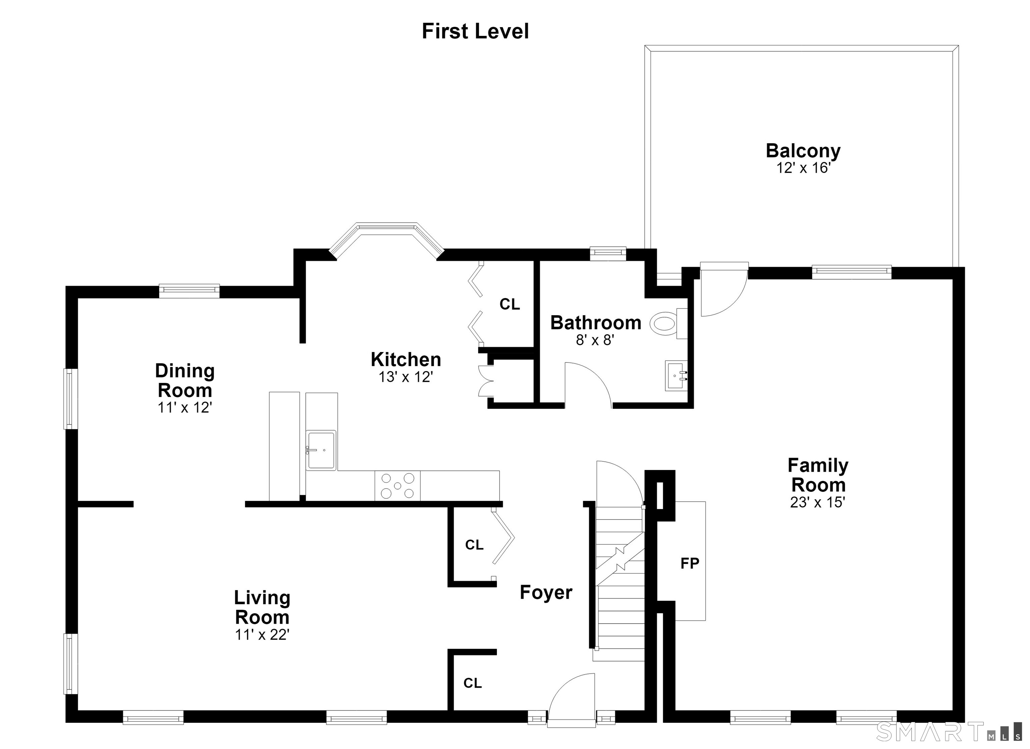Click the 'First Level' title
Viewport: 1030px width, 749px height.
(x=475, y=31)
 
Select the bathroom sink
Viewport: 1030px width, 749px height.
(x=677, y=376)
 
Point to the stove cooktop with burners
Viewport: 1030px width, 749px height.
(x=397, y=486)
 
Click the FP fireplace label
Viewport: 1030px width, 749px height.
(x=689, y=564)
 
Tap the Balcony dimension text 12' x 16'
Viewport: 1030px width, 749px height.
(x=803, y=168)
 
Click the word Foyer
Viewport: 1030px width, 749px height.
(x=546, y=593)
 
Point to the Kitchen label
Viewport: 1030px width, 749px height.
(x=406, y=359)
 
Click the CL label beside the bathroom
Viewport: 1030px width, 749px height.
(x=510, y=304)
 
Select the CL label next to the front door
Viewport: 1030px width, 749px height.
(x=472, y=683)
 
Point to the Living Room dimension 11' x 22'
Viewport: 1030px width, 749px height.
(x=262, y=635)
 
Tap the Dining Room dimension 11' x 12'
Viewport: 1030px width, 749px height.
(x=185, y=407)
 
